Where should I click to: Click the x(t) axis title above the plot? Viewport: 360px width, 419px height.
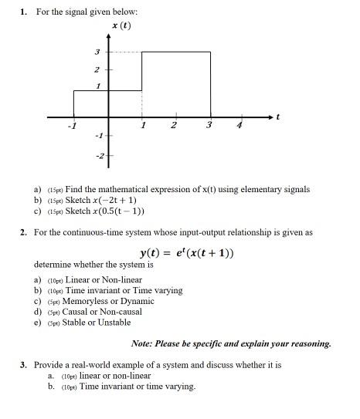pyautogui.click(x=121, y=25)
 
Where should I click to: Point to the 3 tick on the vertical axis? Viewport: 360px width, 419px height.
pyautogui.click(x=97, y=52)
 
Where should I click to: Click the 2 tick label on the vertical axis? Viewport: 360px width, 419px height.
pyautogui.click(x=97, y=69)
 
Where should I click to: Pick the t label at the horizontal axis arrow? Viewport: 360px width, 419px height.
pyautogui.click(x=278, y=117)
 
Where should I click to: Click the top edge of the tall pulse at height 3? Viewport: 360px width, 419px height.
pyautogui.click(x=175, y=52)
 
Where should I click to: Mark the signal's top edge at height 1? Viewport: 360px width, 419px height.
pyautogui.click(x=90, y=90)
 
